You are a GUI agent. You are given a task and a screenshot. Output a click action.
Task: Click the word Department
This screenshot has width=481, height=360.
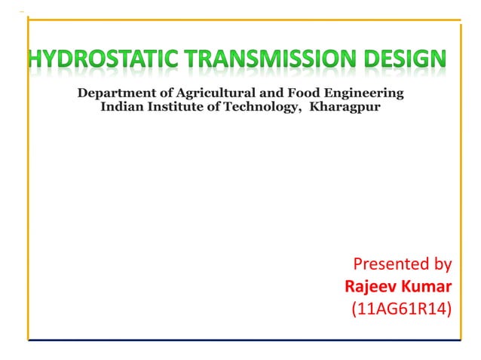[x=114, y=94]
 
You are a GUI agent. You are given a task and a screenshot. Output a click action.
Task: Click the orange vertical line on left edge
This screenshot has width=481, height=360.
[x=28, y=181]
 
